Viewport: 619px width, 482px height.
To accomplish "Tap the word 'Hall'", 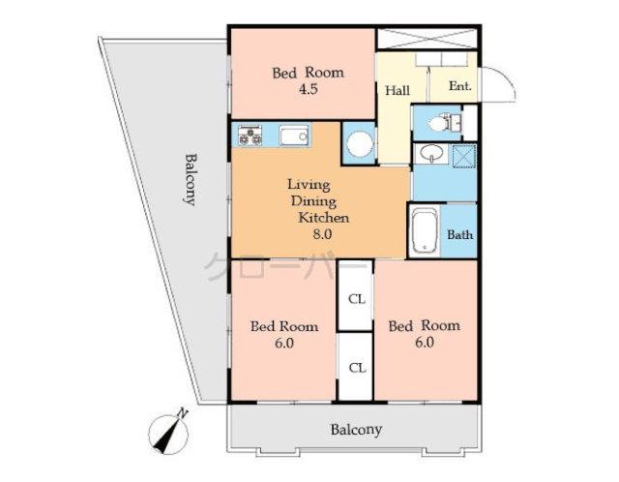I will tap(397, 91).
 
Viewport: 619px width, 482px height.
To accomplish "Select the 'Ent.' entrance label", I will tap(459, 86).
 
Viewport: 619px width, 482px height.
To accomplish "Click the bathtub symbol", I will tap(426, 231).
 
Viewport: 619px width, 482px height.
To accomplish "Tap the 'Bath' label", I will tap(459, 234).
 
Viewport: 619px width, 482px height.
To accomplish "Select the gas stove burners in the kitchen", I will tap(249, 136).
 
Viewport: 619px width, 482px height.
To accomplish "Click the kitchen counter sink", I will tap(294, 136).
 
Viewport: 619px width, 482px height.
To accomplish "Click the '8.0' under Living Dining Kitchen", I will tap(322, 234).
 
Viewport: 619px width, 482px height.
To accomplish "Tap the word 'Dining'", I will tap(309, 201).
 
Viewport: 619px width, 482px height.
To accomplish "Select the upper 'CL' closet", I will tap(356, 299).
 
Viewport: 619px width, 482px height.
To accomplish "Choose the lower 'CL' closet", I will tap(356, 367).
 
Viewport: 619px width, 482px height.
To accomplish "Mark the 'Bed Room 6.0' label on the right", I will tap(425, 334).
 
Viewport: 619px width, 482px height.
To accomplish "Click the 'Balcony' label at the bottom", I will tap(356, 430).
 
